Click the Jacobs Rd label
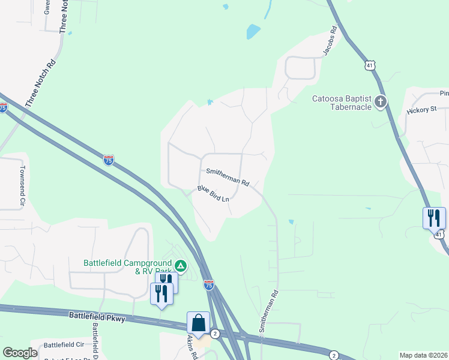[x=330, y=41]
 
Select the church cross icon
[x=380, y=102]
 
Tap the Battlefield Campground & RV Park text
[x=127, y=266]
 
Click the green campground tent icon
[x=179, y=265]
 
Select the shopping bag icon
[x=199, y=323]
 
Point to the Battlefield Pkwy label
[x=97, y=316]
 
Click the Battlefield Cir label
[x=64, y=345]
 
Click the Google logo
[x=20, y=353]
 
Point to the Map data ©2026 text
[x=423, y=355]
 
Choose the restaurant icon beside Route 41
[x=434, y=218]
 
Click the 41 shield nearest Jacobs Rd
[x=370, y=65]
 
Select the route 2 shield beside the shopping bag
[x=215, y=333]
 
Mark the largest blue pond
[x=253, y=31]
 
